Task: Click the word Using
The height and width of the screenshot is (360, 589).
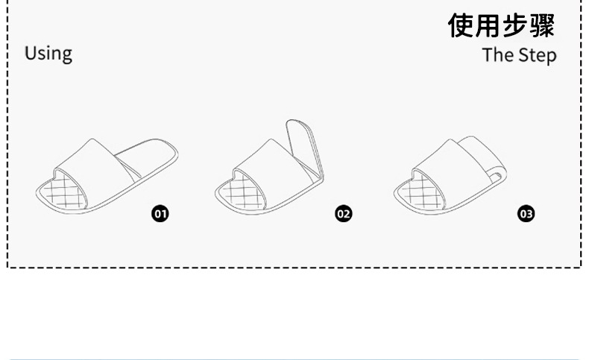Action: coord(48,54)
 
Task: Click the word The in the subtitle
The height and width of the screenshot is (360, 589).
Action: coord(497,55)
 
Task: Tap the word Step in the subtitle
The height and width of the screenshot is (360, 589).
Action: coord(537,56)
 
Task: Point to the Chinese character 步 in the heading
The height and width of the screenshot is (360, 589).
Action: coord(516,25)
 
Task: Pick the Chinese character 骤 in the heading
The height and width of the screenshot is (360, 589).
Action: coord(543,25)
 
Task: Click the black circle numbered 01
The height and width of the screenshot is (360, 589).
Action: coord(160,214)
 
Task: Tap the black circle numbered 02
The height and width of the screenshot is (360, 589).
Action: coord(343,214)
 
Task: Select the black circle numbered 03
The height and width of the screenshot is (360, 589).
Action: coord(526,214)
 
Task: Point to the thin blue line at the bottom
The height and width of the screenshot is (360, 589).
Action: coord(294,359)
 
